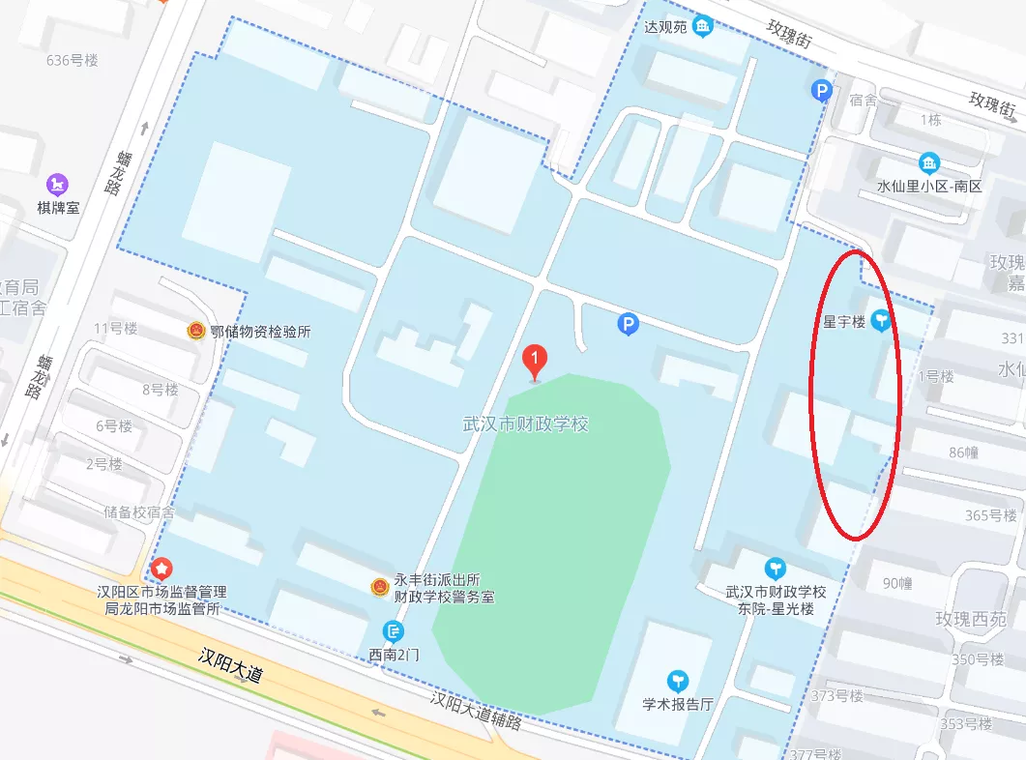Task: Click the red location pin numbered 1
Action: pos(534,361)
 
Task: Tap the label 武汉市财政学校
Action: pos(526,424)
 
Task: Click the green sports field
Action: pos(551,541)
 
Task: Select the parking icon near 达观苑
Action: pos(821,91)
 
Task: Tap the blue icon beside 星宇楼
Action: pos(881,320)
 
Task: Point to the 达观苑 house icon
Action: pos(703,26)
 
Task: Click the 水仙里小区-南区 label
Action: pos(928,186)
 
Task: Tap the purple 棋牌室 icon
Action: pos(58,183)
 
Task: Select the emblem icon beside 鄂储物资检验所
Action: pos(196,331)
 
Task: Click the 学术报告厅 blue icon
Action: pos(679,682)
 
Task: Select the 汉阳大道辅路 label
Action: pos(476,711)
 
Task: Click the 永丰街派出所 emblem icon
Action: pos(381,586)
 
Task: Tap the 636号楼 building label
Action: pos(73,60)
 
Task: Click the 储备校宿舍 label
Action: pos(139,512)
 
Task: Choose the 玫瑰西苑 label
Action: pos(970,619)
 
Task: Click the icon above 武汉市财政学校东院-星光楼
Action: pos(775,568)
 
